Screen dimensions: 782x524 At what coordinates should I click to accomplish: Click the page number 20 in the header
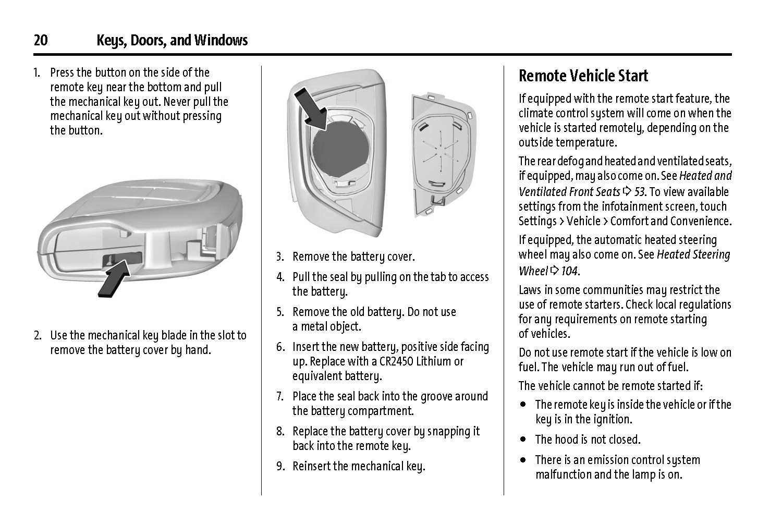41,40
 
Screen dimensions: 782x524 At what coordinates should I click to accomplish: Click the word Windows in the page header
221,40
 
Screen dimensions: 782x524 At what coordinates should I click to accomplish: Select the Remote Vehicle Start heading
583,76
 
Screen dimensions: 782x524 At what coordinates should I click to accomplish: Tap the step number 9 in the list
280,467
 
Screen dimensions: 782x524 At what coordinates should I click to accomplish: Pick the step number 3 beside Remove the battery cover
280,257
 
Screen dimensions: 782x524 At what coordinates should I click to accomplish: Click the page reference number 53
640,192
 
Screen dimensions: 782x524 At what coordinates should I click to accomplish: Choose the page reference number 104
569,271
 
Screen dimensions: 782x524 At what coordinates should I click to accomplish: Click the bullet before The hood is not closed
522,440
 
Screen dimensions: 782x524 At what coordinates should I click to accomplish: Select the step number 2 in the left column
38,335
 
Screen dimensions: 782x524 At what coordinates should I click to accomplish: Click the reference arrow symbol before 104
554,271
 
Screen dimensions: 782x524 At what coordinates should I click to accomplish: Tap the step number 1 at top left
36,72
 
